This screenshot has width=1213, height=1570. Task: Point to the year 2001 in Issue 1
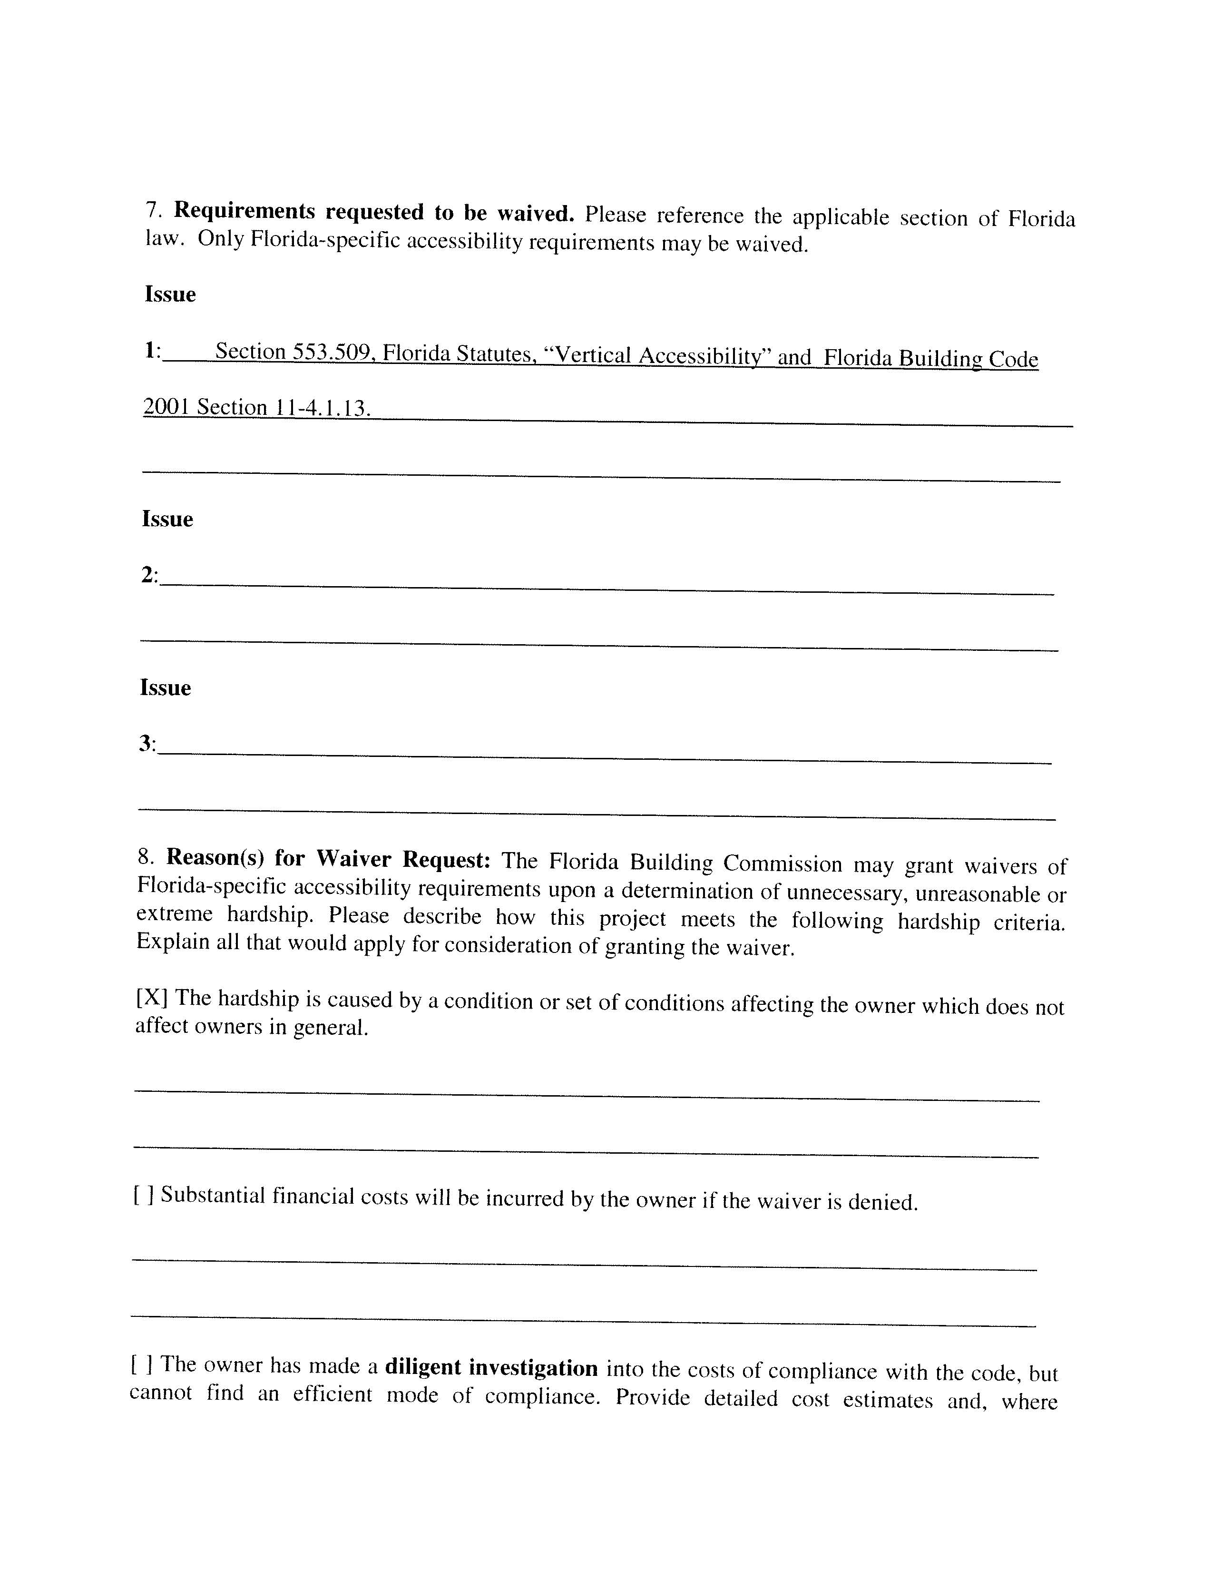click(165, 406)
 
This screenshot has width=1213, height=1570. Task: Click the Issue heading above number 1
click(170, 294)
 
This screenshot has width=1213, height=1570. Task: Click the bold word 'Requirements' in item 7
click(245, 211)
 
